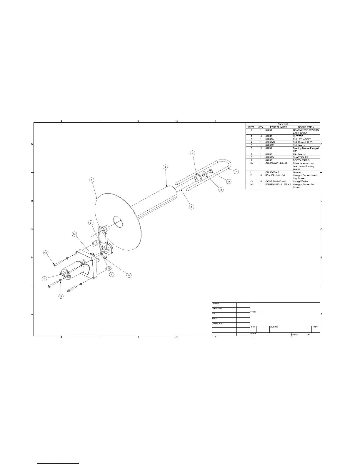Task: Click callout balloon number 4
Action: pos(92,180)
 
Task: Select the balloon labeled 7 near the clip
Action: pos(236,172)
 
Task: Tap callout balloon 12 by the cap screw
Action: pos(46,253)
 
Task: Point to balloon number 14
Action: pos(75,234)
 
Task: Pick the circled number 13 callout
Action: pos(61,296)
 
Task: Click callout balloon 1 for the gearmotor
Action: pos(44,278)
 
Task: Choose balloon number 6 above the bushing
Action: pos(192,153)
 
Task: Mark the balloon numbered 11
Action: pos(221,190)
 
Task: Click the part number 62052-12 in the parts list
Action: pos(271,142)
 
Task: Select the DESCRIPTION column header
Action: pos(306,127)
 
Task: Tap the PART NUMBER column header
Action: pos(278,127)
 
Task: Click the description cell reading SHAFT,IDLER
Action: pos(301,157)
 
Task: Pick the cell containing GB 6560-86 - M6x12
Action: pos(276,163)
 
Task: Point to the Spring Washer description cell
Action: pos(301,182)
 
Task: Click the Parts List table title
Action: pos(283,124)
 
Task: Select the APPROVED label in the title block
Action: pos(218,324)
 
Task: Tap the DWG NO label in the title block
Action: pos(274,327)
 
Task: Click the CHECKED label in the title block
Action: pos(217,308)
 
